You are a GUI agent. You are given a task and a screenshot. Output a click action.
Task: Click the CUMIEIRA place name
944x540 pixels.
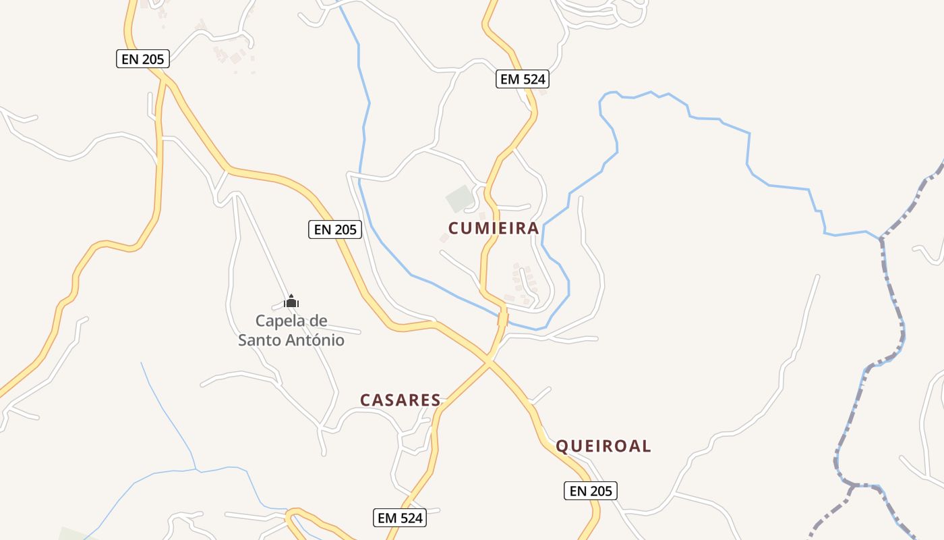[x=494, y=228]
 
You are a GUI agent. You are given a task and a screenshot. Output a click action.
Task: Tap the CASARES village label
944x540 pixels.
[x=400, y=400]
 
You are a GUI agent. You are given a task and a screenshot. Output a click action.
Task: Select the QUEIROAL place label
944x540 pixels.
[x=603, y=446]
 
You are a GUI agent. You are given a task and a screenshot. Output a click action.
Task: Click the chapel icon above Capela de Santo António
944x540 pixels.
[x=291, y=301]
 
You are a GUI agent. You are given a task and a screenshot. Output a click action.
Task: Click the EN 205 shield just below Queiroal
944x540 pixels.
[x=591, y=491]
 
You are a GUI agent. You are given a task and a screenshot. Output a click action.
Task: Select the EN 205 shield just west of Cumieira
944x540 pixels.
[x=336, y=230]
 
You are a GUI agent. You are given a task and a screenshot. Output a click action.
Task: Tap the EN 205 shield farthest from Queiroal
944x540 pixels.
[x=142, y=59]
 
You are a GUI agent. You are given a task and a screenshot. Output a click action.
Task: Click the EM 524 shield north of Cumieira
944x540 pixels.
[x=523, y=79]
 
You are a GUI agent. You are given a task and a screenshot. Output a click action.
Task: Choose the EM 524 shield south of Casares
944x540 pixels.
[x=400, y=518]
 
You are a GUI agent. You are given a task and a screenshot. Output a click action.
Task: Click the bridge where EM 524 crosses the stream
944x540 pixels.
[x=502, y=318]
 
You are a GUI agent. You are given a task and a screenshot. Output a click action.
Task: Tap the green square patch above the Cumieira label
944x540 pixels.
[x=459, y=198]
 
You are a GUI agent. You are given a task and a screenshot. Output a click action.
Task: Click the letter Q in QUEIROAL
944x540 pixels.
[x=562, y=446]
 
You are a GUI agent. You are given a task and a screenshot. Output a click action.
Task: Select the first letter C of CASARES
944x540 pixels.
[x=365, y=400]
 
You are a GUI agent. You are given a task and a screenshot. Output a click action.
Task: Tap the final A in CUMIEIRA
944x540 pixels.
[x=533, y=228]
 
